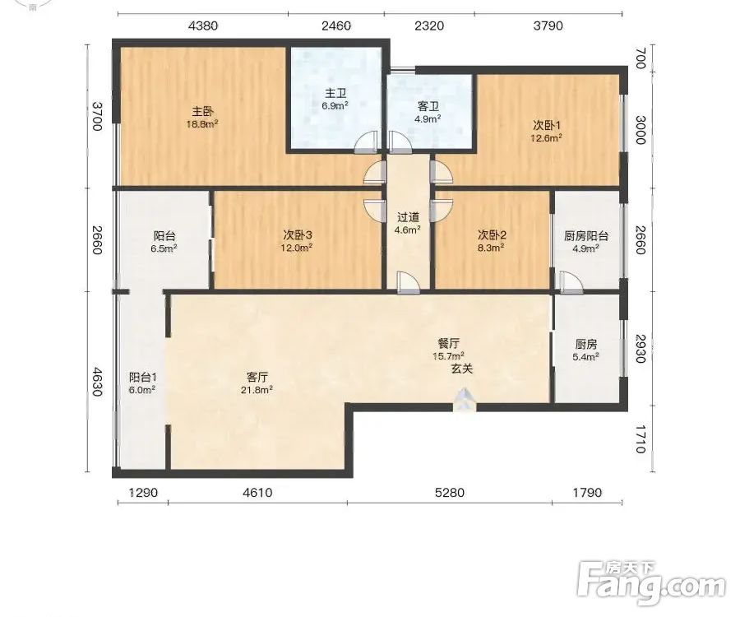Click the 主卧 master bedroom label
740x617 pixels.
(x=202, y=112)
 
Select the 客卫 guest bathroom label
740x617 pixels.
(x=428, y=107)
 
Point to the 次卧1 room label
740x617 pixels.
(x=547, y=126)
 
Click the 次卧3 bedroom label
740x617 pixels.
(x=298, y=234)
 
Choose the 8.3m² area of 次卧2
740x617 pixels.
(x=492, y=247)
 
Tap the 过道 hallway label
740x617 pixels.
(x=408, y=218)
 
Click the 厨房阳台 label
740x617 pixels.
(x=586, y=235)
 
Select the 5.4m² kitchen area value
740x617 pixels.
(x=585, y=357)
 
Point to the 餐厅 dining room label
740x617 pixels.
(x=448, y=343)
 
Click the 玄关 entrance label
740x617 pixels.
(x=461, y=369)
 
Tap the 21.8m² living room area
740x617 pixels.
(x=257, y=389)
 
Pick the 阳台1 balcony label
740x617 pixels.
(x=142, y=377)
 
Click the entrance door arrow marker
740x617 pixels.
(x=465, y=399)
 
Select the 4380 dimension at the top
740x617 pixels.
(x=203, y=26)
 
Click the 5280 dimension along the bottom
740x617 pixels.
(x=449, y=493)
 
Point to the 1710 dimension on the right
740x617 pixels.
(x=640, y=439)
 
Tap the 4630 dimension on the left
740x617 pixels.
(x=96, y=382)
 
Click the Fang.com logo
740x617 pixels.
(x=652, y=583)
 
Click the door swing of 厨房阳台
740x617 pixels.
(x=571, y=281)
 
